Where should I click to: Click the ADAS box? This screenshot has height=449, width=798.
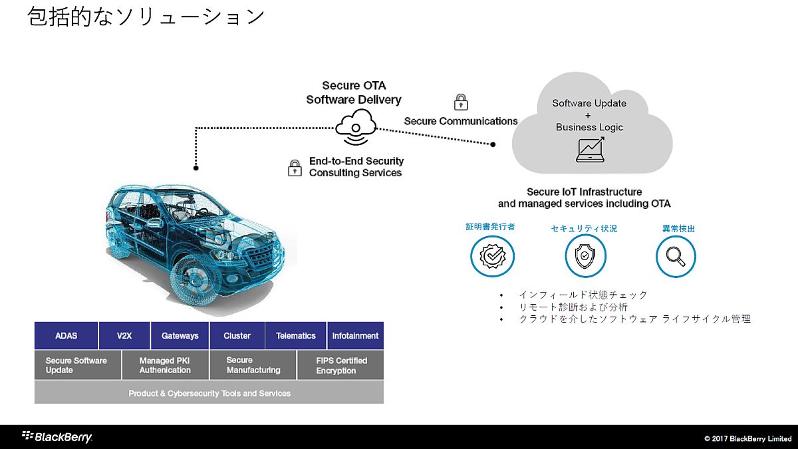(x=66, y=336)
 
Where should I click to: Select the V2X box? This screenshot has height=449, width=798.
(x=124, y=336)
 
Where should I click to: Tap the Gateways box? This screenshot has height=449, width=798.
(x=180, y=336)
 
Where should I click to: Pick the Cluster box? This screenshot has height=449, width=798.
(x=237, y=336)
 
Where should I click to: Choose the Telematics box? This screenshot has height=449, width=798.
(x=295, y=336)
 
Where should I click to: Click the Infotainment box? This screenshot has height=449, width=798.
(x=355, y=336)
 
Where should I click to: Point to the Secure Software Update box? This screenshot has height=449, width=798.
(x=77, y=365)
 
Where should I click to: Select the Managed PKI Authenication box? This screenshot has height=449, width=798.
(x=165, y=365)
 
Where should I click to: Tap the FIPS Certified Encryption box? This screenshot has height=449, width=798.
(x=340, y=365)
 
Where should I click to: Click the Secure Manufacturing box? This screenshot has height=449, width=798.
(x=253, y=365)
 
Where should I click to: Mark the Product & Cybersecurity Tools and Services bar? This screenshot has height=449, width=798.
(x=209, y=393)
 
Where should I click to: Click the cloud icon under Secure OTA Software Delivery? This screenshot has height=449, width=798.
(x=355, y=127)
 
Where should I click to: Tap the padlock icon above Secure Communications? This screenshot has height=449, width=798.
(x=460, y=102)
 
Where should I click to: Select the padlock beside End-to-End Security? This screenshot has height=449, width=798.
(x=295, y=168)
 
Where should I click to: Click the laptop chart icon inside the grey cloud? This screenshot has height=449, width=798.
(x=590, y=150)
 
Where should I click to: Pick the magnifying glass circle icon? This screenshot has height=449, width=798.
(x=676, y=256)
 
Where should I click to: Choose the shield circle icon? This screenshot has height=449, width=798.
(x=585, y=256)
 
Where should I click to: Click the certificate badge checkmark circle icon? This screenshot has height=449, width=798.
(x=492, y=256)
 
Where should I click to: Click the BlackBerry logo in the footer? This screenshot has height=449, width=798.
(x=57, y=437)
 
